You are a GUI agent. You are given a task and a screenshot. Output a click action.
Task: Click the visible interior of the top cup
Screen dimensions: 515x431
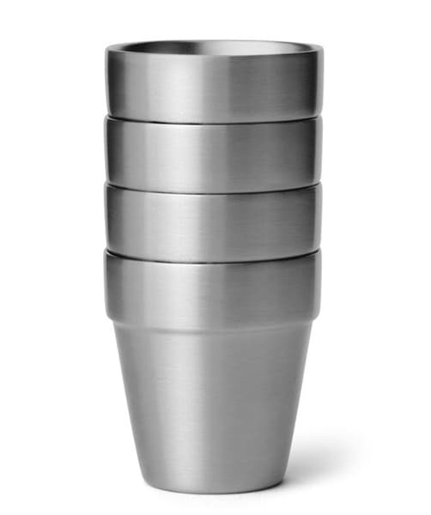tap(215, 46)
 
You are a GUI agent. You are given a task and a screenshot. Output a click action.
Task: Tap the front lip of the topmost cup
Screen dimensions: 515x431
tap(215, 55)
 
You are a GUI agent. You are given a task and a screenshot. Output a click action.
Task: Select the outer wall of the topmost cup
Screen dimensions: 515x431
tap(215, 86)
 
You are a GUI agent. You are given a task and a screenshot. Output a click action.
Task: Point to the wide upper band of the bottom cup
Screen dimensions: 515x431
tap(215, 288)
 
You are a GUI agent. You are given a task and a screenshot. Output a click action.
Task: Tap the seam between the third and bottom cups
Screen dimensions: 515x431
tap(215, 252)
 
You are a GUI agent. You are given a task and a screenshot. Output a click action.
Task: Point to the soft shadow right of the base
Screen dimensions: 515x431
tap(326, 481)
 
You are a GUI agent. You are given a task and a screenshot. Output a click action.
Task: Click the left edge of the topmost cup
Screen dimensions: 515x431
tap(107, 82)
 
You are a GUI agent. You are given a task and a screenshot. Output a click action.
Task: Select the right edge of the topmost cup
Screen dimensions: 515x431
tap(322, 82)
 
